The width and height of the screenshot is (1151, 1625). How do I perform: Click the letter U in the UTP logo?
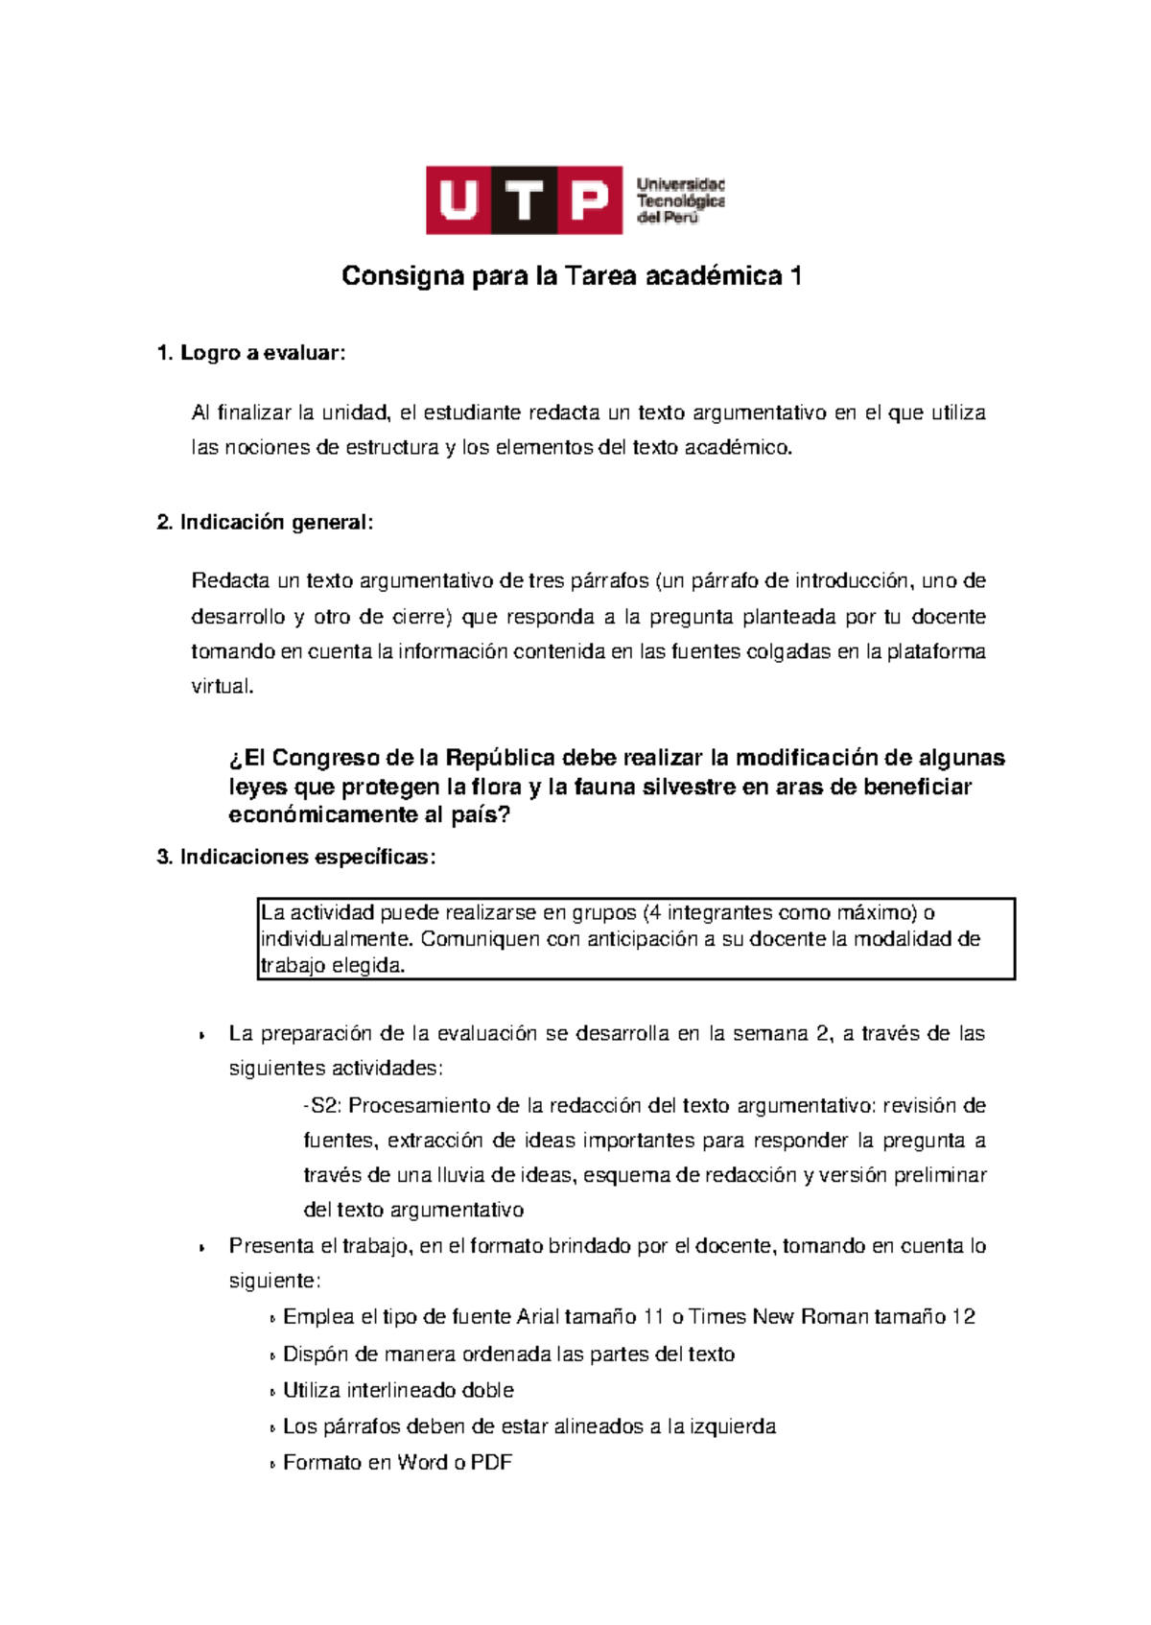[458, 200]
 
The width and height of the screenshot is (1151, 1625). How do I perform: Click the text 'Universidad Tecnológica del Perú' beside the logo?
[680, 200]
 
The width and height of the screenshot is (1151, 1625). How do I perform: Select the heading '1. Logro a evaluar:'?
[250, 353]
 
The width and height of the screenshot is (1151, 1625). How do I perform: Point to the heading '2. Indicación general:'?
[265, 522]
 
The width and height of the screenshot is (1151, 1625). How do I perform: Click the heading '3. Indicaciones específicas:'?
[295, 857]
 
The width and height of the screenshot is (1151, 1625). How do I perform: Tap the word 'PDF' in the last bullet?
[491, 1462]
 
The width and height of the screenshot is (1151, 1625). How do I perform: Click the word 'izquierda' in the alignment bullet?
[733, 1426]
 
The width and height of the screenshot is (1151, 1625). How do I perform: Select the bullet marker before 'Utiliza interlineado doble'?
[273, 1392]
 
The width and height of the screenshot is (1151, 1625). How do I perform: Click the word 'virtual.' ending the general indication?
[223, 686]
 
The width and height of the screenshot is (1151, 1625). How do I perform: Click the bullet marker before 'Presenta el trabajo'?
[201, 1248]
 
